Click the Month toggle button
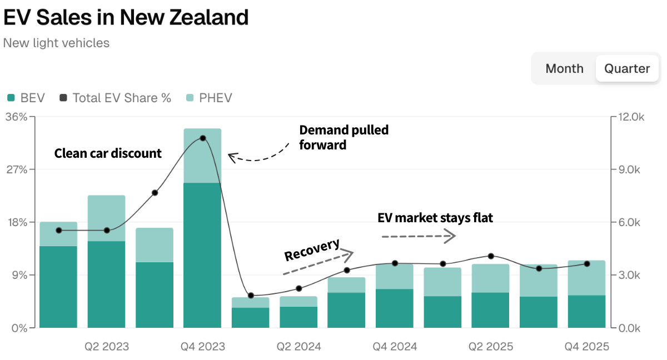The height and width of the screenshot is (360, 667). tap(564, 68)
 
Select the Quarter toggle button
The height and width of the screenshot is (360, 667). tap(627, 68)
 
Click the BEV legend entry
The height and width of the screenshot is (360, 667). tap(26, 98)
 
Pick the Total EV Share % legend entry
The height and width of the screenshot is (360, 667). tap(116, 98)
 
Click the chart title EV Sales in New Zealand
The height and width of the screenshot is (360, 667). tap(126, 17)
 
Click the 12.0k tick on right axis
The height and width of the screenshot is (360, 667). tap(631, 117)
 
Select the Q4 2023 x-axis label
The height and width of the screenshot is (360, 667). tap(203, 347)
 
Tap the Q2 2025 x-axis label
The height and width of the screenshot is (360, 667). tap(490, 347)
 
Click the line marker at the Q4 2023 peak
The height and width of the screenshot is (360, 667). tap(203, 138)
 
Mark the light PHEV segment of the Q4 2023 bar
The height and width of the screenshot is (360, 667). tap(203, 156)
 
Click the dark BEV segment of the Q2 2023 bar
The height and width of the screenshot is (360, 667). tap(106, 284)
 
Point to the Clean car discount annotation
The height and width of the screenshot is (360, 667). tap(108, 153)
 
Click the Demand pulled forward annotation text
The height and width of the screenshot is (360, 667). tap(344, 137)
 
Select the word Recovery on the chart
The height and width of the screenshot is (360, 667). tap(312, 250)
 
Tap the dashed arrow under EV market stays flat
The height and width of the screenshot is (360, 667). tap(418, 237)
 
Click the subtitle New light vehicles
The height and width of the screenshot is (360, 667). tap(56, 43)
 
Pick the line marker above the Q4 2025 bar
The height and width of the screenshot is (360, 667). tap(587, 264)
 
